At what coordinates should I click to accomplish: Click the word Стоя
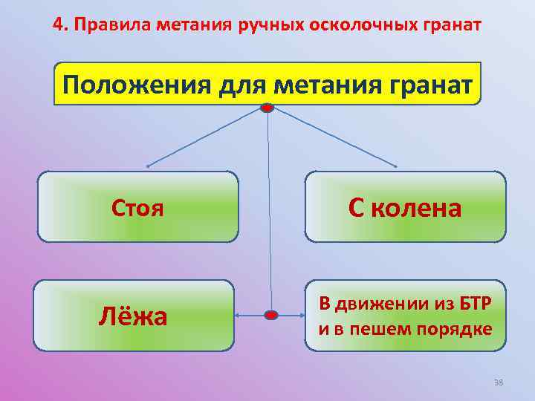[x=137, y=207]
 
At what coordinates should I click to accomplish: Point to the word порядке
[x=454, y=328]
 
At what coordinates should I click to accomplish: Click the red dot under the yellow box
[x=267, y=108]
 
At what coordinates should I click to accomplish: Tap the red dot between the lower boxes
[x=271, y=316]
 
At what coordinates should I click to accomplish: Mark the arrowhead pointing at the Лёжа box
[x=238, y=316]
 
